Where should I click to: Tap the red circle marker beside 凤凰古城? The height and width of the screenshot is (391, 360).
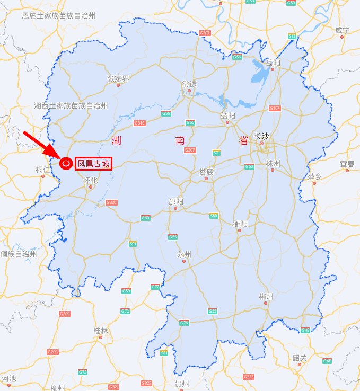click(66, 164)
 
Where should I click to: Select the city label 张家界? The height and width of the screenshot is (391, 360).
click(118, 78)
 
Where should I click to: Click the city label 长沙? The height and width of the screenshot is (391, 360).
click(261, 136)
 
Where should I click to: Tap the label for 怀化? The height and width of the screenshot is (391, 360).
click(91, 180)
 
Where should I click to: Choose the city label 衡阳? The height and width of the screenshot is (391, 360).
click(240, 224)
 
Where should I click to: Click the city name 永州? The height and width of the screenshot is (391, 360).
click(184, 254)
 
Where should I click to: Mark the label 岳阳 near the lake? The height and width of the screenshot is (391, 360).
click(274, 63)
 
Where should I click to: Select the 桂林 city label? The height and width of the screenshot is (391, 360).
click(101, 331)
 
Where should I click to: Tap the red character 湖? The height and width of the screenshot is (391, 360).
click(117, 140)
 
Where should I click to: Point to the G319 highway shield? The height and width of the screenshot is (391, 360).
click(140, 123)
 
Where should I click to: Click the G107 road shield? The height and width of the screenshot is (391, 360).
click(275, 108)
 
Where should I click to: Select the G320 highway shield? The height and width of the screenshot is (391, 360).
click(111, 202)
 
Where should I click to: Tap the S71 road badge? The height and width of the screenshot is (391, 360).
click(216, 153)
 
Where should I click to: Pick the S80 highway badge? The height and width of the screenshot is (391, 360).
click(214, 216)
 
